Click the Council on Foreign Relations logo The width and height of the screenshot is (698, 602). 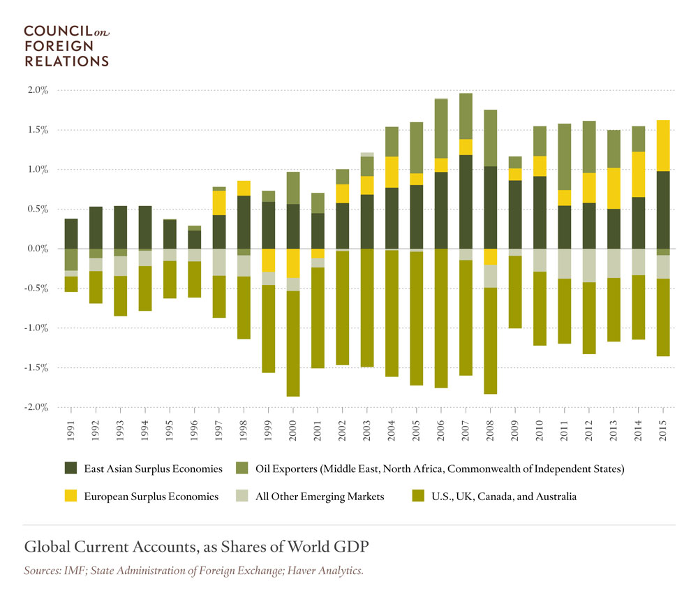point(66,46)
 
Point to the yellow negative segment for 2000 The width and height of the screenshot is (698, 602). point(294,263)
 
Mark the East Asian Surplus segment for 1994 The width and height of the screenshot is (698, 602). point(145,227)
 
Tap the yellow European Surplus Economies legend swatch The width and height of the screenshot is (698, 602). point(71,497)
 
